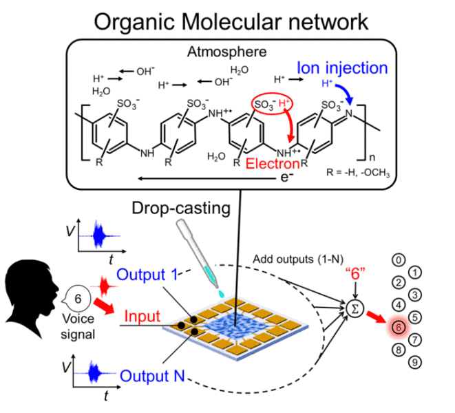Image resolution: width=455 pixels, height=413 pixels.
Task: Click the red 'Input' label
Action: click(x=144, y=316)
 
